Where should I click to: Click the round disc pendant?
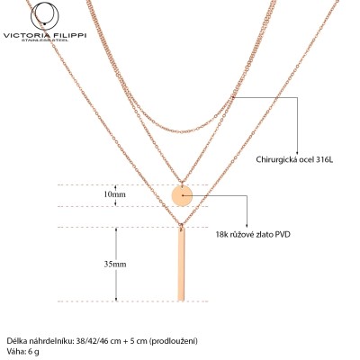(x=182, y=195)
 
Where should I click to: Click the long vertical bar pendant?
(x=181, y=264)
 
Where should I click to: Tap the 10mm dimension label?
(x=114, y=194)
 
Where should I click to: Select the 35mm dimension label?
(x=115, y=265)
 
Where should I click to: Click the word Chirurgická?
(x=276, y=159)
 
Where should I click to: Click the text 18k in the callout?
(x=221, y=234)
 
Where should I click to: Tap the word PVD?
(x=283, y=234)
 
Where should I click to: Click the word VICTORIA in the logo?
(x=25, y=36)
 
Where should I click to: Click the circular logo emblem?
(x=45, y=16)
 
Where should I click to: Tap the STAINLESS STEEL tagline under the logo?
(x=45, y=40)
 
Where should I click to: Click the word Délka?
(x=15, y=341)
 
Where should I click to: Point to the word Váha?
(x=14, y=351)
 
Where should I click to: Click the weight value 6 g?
(x=33, y=352)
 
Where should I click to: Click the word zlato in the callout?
(x=266, y=234)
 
